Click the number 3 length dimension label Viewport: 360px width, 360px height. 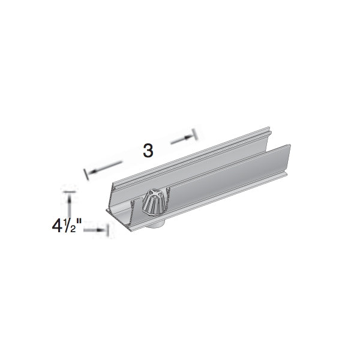coord(148,151)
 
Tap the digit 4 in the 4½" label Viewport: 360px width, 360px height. coord(57,226)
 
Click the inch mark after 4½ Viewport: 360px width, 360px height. coord(79,221)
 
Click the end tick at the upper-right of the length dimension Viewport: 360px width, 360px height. coord(195,134)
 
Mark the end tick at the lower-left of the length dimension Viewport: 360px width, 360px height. coord(86,174)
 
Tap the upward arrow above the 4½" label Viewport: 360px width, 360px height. coord(69,206)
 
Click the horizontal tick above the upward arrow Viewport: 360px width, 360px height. coord(70,191)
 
